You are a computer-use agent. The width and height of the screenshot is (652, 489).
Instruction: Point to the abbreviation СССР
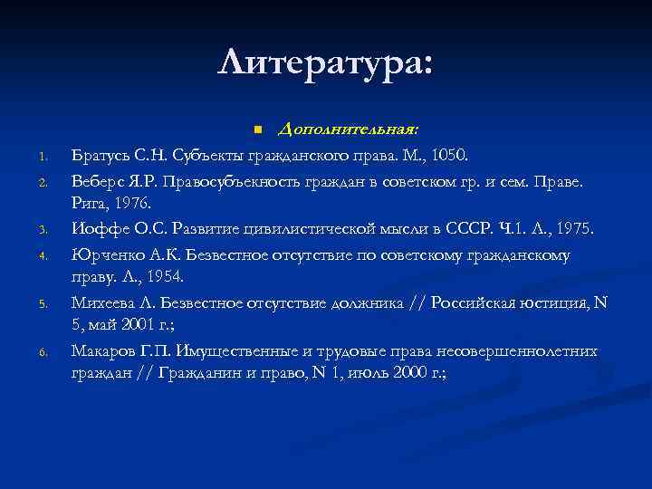pyautogui.click(x=481, y=230)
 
